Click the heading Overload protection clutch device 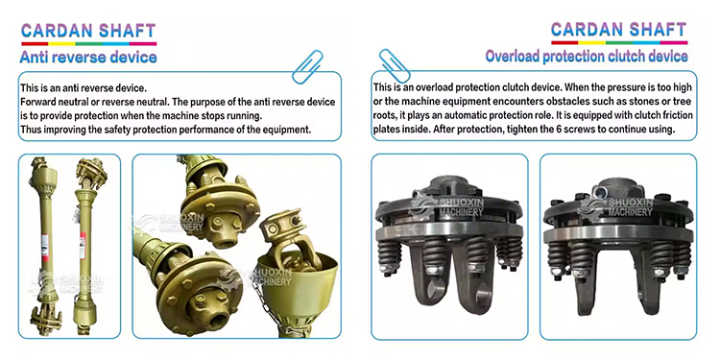point(586,57)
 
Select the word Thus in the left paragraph point(30,131)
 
